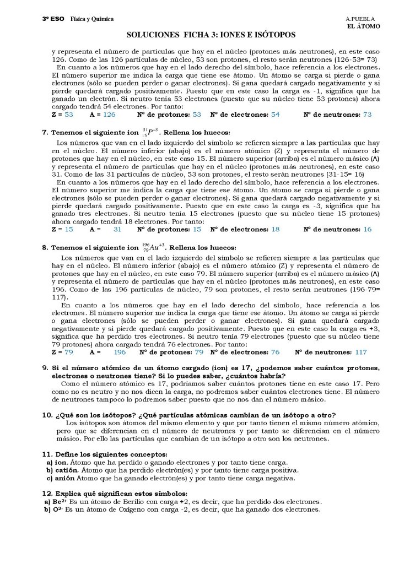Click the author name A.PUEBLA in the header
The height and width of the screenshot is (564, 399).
coord(360,19)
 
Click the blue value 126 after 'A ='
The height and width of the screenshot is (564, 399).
coord(109,115)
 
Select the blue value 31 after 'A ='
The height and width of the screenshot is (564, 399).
coord(117,229)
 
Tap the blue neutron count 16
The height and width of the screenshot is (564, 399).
coord(368,229)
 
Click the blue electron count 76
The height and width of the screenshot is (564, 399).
coord(276,351)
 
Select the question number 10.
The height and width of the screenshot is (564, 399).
coord(47,414)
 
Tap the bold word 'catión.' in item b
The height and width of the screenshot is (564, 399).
coord(67,470)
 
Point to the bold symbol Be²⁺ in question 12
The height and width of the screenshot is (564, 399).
coord(57,502)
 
